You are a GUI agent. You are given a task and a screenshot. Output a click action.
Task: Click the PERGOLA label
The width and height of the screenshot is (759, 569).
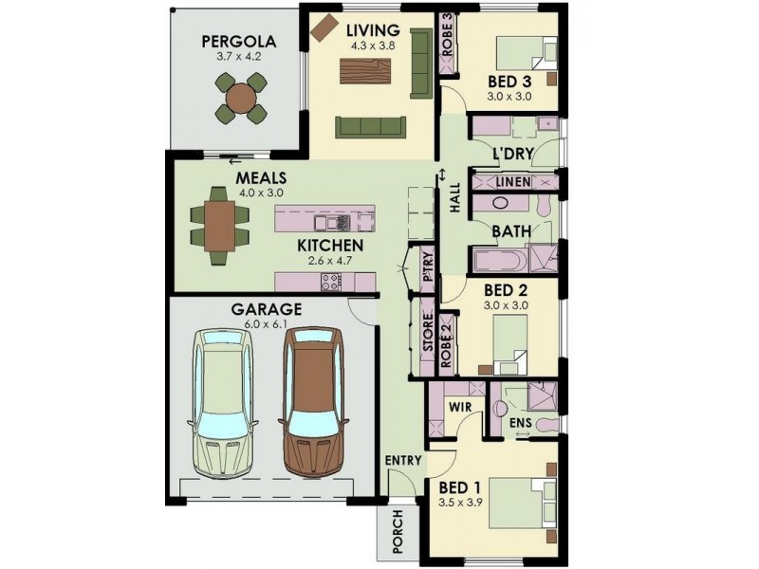pos(238,41)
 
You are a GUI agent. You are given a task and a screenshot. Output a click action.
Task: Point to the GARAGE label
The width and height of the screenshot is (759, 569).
pos(267,309)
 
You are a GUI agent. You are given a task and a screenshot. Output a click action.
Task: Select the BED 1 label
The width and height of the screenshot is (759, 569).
pos(460,489)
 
